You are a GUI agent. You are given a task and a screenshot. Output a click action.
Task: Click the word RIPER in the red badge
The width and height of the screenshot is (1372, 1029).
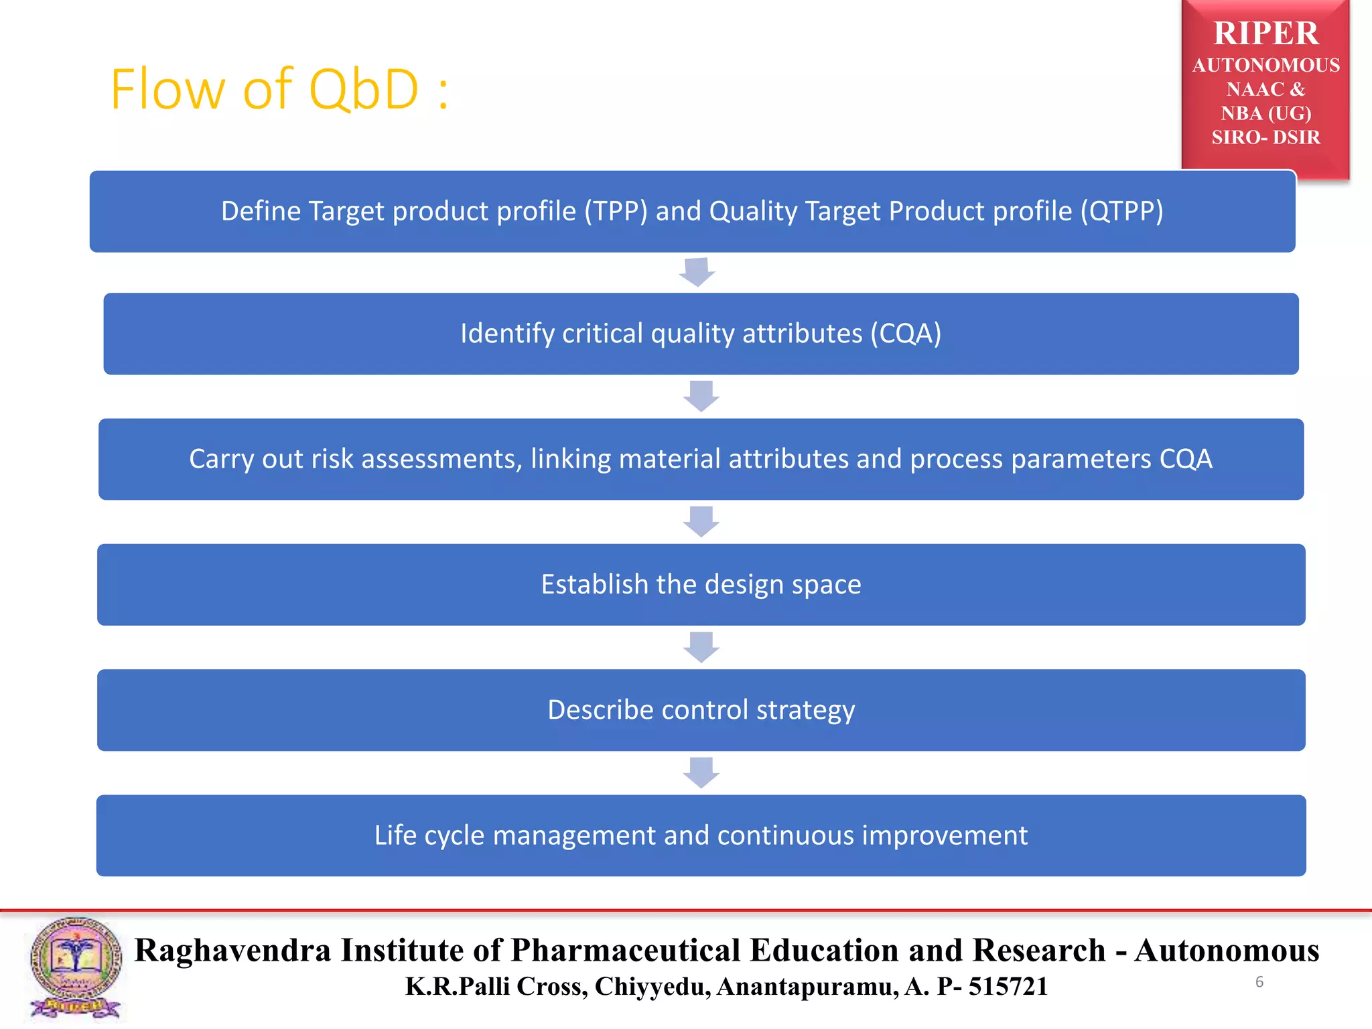(1265, 33)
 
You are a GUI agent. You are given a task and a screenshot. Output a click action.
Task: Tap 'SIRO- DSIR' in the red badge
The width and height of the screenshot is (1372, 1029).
(1265, 137)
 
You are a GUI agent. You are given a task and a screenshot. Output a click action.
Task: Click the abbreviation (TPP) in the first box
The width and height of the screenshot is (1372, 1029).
(616, 211)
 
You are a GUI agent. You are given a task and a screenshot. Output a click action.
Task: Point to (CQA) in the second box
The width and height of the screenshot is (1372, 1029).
(905, 334)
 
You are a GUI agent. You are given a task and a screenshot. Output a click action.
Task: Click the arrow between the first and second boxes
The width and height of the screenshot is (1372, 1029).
(697, 272)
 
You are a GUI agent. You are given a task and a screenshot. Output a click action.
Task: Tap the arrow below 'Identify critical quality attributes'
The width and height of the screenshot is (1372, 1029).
(701, 396)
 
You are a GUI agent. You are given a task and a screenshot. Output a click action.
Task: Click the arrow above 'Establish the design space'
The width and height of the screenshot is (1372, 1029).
(701, 521)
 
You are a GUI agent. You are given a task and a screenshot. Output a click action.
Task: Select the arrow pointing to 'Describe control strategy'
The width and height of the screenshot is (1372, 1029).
(701, 646)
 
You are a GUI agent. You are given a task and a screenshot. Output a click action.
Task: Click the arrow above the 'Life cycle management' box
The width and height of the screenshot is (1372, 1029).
(701, 772)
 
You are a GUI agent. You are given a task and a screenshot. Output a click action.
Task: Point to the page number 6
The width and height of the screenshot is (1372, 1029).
(1259, 982)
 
